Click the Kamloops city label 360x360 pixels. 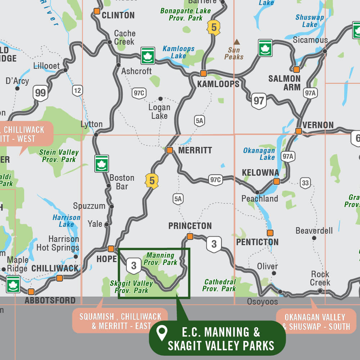coord(218,84)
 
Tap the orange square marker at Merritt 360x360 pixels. coord(170,150)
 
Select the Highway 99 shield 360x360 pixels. coord(40,93)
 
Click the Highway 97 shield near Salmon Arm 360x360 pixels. coord(259,100)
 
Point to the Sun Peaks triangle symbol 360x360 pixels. coord(237,42)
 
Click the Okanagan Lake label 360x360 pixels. coord(259,154)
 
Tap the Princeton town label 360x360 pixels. coord(190,226)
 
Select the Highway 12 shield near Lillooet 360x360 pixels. coord(77,90)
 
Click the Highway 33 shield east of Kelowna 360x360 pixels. coord(305,183)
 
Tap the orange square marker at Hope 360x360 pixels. coord(111,248)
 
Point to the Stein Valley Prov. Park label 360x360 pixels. coord(59,156)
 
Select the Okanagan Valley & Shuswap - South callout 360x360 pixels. coord(315,321)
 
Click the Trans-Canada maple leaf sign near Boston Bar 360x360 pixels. coord(102,163)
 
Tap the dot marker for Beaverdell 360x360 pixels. coord(314,238)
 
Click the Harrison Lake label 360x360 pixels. coord(66,221)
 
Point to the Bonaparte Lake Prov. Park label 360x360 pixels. coord(185,14)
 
